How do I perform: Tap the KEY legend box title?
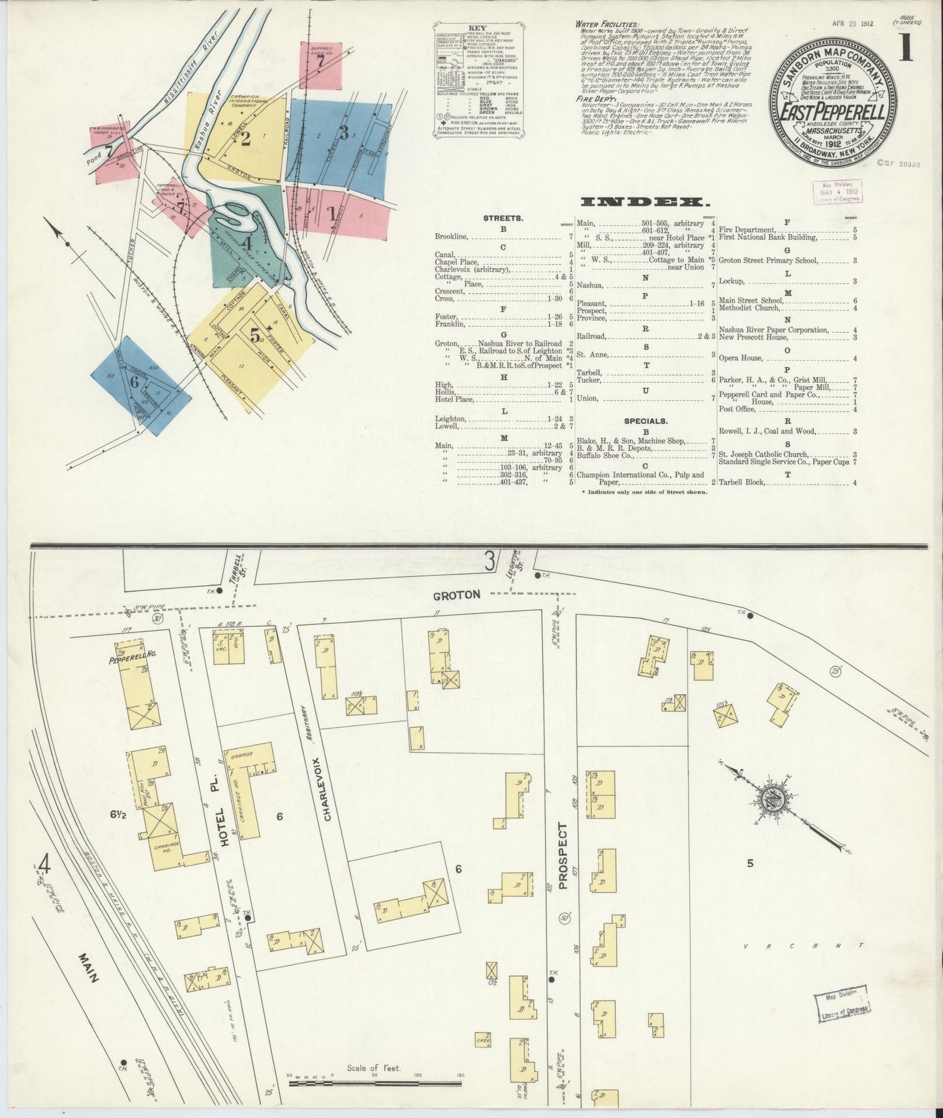click(x=478, y=29)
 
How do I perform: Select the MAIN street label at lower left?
click(x=89, y=968)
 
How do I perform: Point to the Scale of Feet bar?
click(x=375, y=1083)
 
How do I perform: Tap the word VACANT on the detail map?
click(x=804, y=944)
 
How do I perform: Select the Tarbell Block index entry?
click(x=741, y=483)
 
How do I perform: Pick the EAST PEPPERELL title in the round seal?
click(x=833, y=112)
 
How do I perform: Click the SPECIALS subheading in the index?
click(x=645, y=421)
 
